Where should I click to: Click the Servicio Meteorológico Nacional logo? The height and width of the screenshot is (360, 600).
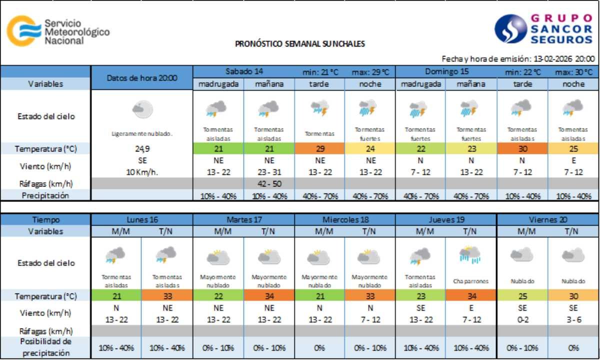tap(57, 31)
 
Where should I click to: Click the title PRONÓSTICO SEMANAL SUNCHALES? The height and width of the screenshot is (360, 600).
tap(300, 43)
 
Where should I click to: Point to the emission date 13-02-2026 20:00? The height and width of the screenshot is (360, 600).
tap(564, 58)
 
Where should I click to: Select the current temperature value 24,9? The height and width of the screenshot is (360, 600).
tap(141, 148)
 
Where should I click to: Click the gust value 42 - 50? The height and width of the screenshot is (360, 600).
tap(269, 183)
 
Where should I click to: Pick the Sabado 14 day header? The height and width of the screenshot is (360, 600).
tap(243, 71)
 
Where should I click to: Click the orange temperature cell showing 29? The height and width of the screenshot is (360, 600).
tap(319, 148)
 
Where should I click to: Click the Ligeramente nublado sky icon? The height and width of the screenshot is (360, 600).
tap(142, 109)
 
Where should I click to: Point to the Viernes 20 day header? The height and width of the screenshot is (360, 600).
tap(548, 219)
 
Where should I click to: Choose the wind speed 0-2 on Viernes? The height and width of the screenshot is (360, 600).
tap(522, 319)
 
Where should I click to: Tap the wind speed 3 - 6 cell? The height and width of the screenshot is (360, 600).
tap(573, 319)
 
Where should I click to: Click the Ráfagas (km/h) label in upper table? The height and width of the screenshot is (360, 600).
tap(46, 183)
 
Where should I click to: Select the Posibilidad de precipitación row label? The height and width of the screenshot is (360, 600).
tap(46, 347)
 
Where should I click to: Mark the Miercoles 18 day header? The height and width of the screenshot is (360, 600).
tap(344, 219)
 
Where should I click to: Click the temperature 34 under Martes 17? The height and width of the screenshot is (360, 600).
tap(269, 295)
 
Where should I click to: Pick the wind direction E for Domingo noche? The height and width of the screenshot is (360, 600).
tap(573, 161)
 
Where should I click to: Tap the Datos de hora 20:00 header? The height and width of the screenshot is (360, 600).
tap(141, 77)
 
